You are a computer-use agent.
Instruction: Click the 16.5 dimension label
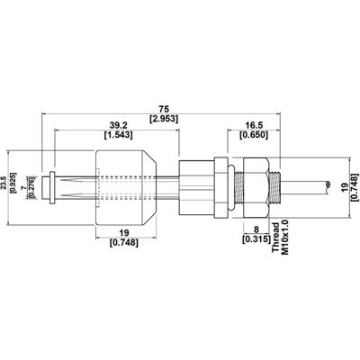256,125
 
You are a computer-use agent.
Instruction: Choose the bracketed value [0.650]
256,138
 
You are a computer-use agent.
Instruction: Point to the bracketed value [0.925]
20,183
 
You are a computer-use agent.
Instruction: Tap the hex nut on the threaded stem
258,184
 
